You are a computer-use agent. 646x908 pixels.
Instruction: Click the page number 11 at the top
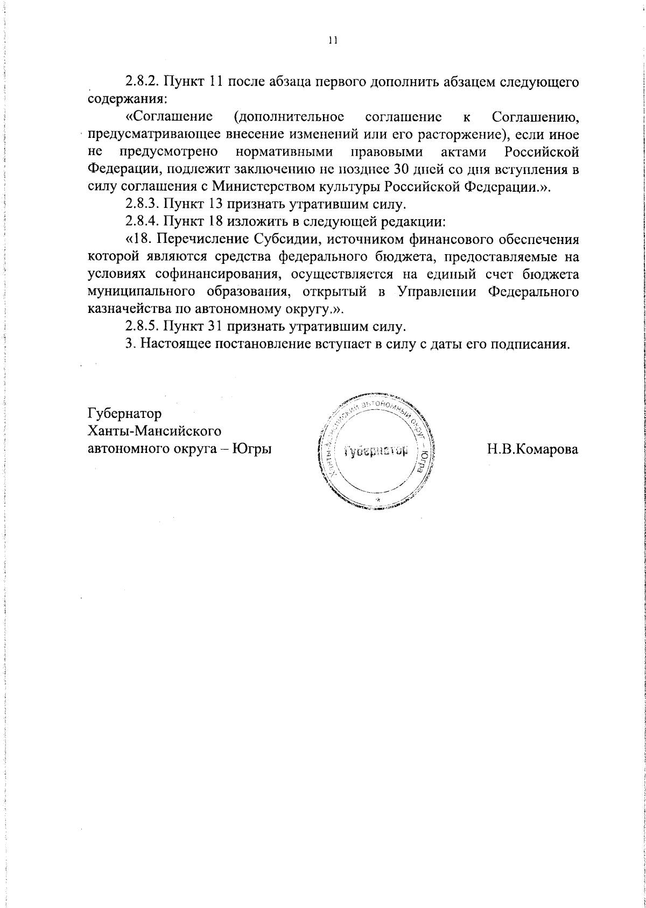pos(332,40)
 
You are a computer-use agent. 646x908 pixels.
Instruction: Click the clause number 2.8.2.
pos(142,82)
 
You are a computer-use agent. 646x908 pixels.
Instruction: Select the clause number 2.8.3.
pos(142,204)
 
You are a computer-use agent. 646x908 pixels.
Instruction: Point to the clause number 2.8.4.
pos(142,221)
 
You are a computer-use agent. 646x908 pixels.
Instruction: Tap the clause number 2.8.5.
pos(142,326)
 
